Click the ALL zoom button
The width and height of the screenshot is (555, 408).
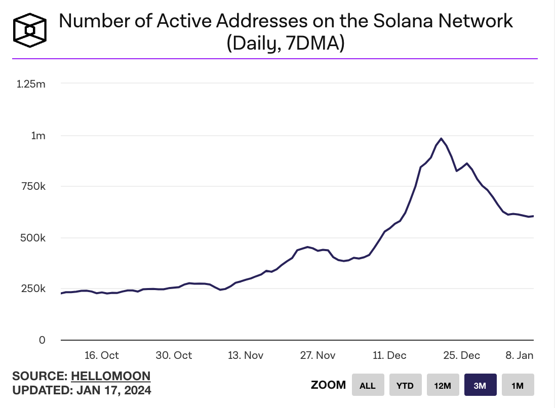tap(368, 385)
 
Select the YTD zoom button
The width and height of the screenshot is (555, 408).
tap(405, 385)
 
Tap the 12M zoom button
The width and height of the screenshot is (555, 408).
tap(443, 385)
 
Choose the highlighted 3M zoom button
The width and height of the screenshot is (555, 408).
tap(480, 385)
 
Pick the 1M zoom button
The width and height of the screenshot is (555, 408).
tap(518, 385)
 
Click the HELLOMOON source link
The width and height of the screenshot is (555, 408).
tap(111, 376)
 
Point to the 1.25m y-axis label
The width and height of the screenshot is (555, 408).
tap(31, 84)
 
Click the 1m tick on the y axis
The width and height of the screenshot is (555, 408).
tap(38, 136)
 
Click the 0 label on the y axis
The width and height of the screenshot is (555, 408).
tap(43, 340)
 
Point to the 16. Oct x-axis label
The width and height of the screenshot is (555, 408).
tap(102, 355)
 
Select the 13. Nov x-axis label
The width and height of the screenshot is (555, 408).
tap(246, 355)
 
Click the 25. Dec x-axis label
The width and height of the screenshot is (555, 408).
tap(462, 355)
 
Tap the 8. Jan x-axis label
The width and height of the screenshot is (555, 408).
tap(520, 355)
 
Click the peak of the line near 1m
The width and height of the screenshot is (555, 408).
tap(441, 138)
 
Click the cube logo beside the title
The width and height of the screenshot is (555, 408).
tap(30, 30)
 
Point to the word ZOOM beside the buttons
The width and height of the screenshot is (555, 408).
tap(328, 385)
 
